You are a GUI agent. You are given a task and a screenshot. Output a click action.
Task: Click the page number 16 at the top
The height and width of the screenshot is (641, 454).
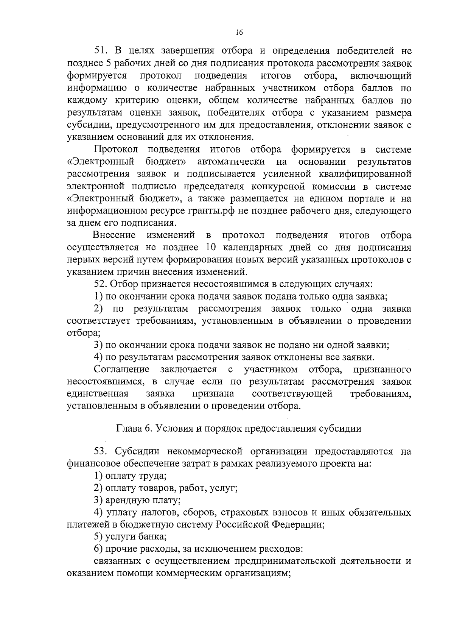238,33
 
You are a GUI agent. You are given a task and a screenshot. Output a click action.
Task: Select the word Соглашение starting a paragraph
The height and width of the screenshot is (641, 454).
121,369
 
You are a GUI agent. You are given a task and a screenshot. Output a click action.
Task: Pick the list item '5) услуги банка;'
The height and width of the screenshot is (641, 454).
130,537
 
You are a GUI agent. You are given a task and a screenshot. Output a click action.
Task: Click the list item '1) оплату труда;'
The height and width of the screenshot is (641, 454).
130,476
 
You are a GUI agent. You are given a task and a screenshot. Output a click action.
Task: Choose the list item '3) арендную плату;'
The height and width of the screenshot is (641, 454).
137,500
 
